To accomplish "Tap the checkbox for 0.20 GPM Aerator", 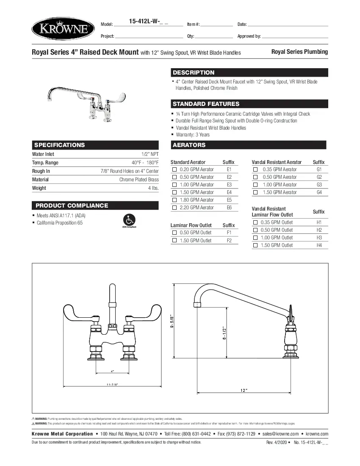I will click(174, 169).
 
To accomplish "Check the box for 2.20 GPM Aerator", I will click(174, 208).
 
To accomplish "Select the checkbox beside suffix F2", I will click(174, 241).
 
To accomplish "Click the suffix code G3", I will click(319, 185).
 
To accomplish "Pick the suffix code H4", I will click(319, 245).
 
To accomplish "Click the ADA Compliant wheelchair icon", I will click(129, 220).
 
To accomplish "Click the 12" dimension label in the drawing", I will click(244, 390).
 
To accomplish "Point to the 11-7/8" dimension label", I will click(112, 384).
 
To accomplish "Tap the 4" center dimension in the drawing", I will click(112, 371).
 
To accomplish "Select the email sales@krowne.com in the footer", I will click(280, 434).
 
